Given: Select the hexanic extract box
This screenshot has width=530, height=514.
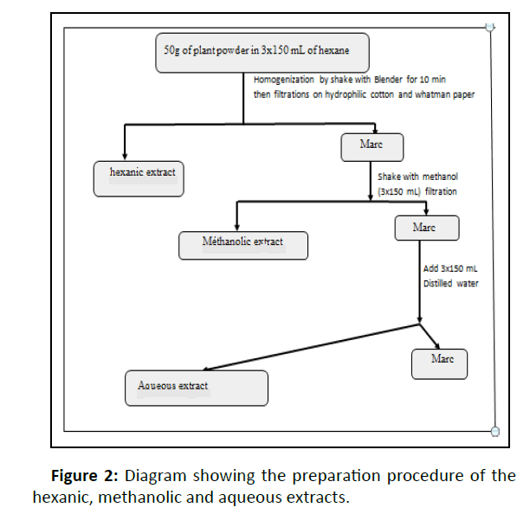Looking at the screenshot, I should pyautogui.click(x=139, y=177).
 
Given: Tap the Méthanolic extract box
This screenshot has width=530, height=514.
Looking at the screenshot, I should pyautogui.click(x=243, y=245).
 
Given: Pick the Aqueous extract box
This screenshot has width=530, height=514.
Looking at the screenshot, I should pyautogui.click(x=195, y=388).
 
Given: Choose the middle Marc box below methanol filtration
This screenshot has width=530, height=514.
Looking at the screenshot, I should pyautogui.click(x=426, y=228).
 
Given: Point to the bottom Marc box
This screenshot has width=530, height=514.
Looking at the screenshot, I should pyautogui.click(x=439, y=363).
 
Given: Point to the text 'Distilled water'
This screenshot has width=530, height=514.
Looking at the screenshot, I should pyautogui.click(x=450, y=283).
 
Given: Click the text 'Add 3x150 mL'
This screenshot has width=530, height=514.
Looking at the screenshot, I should pyautogui.click(x=450, y=269).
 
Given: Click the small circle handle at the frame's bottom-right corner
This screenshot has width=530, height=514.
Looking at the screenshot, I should pyautogui.click(x=494, y=430).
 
